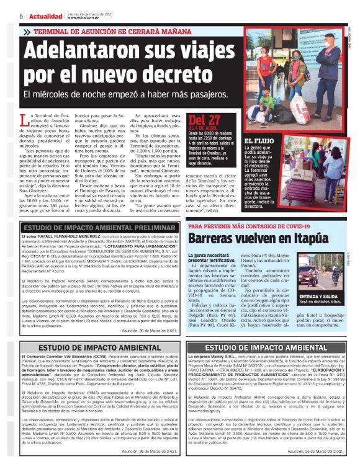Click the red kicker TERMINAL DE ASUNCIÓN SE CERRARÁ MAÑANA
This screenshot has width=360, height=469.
pos(110,32)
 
